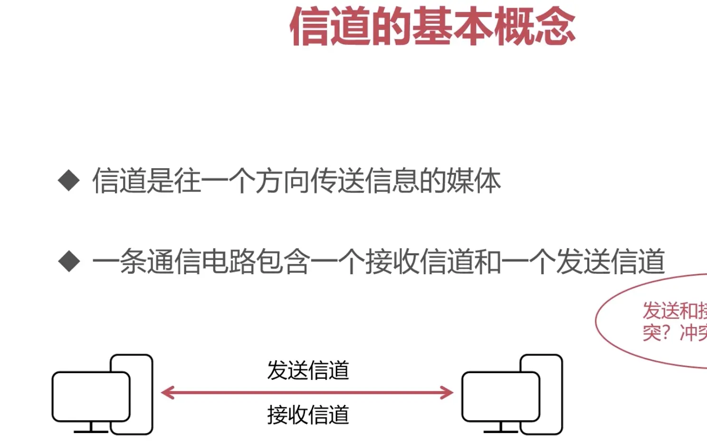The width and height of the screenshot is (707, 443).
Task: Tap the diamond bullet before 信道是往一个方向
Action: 69,181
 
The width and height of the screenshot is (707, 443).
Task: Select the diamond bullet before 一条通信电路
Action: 69,262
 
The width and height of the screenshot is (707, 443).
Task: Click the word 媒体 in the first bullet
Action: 473,181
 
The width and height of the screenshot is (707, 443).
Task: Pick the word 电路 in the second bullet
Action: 229,262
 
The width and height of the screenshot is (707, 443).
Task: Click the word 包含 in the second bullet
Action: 283,262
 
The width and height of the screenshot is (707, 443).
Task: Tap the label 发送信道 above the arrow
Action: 308,370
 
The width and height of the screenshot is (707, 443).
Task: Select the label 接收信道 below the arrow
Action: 308,415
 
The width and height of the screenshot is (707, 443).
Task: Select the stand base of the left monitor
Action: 91,431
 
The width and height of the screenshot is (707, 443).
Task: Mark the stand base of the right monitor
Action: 501,431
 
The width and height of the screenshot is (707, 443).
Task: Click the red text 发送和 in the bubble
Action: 670,311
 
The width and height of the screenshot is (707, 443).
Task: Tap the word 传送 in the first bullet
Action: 338,181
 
